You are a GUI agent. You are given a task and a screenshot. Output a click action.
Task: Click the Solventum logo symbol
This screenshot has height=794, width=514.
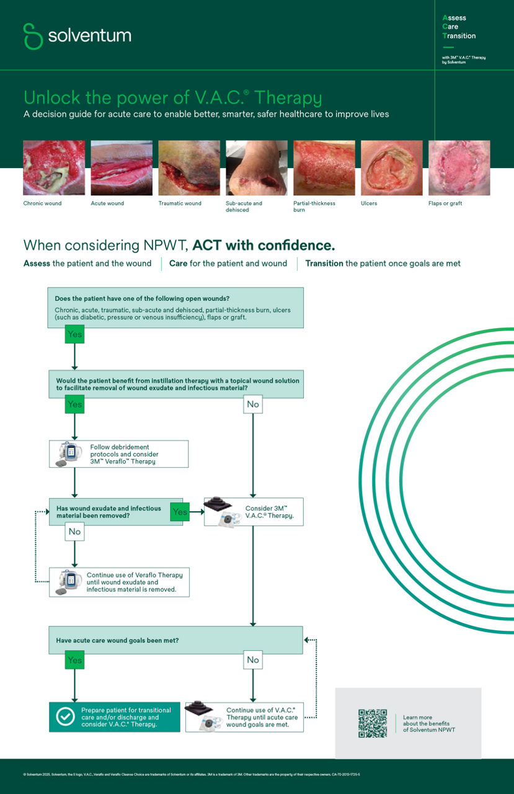click(x=33, y=36)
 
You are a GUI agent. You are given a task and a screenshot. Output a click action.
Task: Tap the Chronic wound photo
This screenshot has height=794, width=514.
click(x=54, y=168)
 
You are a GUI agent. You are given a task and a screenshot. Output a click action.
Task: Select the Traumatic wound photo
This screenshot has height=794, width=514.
click(x=189, y=168)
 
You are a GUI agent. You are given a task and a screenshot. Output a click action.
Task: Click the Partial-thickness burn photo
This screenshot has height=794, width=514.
click(x=324, y=168)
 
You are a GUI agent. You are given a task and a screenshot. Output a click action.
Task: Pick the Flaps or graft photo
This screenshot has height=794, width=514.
click(x=459, y=168)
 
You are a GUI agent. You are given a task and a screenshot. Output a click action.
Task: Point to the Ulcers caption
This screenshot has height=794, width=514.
click(x=369, y=203)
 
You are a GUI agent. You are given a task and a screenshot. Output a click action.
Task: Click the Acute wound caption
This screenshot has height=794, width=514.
click(x=107, y=203)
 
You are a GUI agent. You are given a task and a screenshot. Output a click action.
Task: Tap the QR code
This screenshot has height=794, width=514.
click(x=373, y=723)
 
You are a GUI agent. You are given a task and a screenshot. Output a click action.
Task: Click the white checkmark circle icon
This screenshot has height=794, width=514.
click(x=65, y=716)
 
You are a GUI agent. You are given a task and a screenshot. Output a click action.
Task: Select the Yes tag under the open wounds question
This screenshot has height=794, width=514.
click(x=74, y=335)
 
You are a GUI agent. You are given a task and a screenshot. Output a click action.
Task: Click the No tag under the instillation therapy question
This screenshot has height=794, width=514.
click(x=253, y=404)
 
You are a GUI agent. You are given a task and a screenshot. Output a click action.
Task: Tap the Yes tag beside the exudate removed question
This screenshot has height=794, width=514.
click(x=180, y=512)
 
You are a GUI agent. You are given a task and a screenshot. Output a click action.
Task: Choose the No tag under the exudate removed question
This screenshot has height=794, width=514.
click(x=74, y=532)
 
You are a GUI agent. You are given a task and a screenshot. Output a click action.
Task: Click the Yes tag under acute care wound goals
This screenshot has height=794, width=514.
click(x=74, y=660)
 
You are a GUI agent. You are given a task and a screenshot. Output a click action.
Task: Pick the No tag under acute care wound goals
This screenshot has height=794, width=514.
click(x=253, y=660)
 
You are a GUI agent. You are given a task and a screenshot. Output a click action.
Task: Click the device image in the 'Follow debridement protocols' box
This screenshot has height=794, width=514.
click(x=69, y=454)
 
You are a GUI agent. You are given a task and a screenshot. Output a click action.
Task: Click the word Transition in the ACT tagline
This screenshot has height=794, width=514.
click(x=324, y=264)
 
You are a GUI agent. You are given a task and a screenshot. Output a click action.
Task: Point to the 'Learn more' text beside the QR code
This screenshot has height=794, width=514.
click(x=418, y=717)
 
